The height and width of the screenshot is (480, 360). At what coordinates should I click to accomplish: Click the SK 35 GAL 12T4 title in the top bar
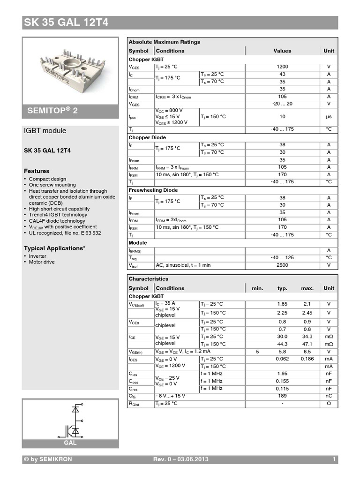click(66, 22)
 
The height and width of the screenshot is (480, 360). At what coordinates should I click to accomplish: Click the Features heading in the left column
click(37, 171)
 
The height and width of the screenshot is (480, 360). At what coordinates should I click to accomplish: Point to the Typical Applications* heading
click(54, 248)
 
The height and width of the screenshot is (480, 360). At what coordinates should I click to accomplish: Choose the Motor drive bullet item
click(42, 262)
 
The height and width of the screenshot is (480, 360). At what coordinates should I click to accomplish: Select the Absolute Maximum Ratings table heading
click(164, 42)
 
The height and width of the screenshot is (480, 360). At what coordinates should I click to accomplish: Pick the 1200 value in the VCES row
click(282, 67)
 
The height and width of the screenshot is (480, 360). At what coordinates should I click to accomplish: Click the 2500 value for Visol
click(282, 265)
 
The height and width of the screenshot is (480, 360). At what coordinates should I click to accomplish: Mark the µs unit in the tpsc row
click(329, 117)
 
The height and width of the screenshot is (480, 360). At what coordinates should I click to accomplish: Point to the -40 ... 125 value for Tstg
click(282, 258)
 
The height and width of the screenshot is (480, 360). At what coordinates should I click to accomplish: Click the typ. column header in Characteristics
click(282, 288)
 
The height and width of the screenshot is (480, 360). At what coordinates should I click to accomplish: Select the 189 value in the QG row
click(282, 396)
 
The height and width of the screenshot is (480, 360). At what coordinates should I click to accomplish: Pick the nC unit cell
click(329, 396)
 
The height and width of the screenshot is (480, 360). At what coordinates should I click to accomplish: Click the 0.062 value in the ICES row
click(282, 359)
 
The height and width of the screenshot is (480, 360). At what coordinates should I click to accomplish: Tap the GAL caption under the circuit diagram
click(70, 442)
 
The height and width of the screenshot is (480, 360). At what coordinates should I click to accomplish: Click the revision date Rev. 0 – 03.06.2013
click(181, 459)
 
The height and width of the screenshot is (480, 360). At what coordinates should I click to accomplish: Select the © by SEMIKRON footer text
click(48, 459)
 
